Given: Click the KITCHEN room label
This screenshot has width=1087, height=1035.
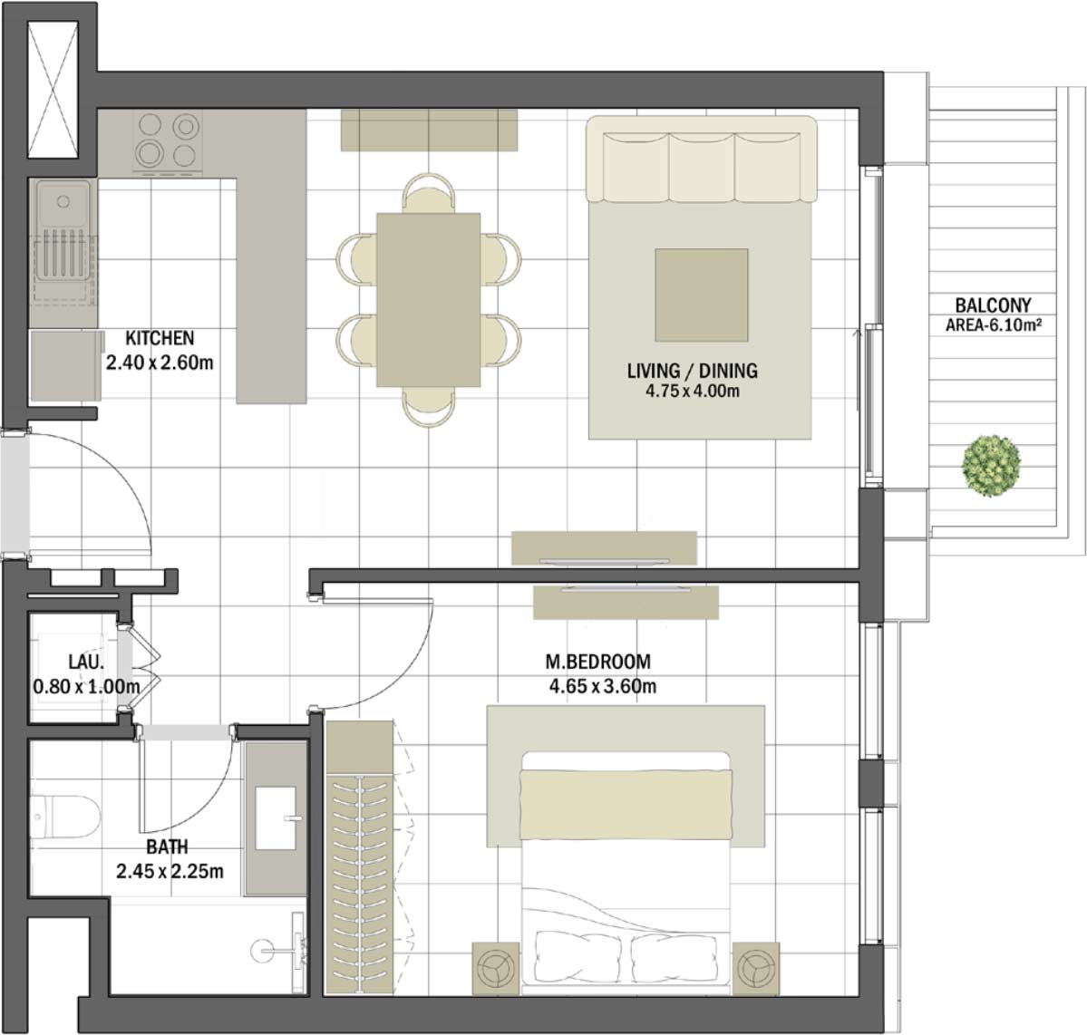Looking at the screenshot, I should (x=160, y=338).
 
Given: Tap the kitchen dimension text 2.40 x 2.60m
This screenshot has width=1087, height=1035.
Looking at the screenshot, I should (x=160, y=363).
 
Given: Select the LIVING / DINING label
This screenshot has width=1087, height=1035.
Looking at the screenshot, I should (x=692, y=371).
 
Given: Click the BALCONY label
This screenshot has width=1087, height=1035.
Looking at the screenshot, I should (x=993, y=305).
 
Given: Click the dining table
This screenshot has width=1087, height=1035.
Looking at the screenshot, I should (x=428, y=299).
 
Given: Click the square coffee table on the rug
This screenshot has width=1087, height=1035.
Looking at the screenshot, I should (x=702, y=295).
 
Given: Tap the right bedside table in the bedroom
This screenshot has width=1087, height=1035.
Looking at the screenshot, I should (x=756, y=970).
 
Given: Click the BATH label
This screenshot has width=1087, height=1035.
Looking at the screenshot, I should (x=168, y=847).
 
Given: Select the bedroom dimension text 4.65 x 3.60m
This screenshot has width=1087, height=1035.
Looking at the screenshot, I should (x=602, y=686).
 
